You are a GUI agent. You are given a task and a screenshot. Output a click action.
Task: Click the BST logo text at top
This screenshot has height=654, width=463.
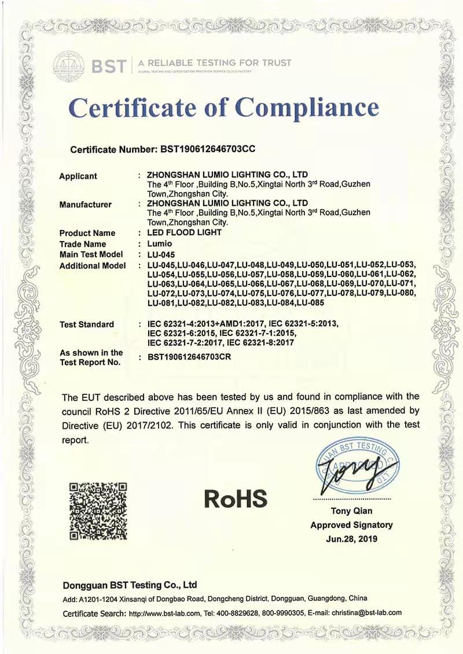pos(108,65)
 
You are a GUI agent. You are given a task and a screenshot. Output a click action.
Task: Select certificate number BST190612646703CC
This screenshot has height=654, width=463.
pos(207,149)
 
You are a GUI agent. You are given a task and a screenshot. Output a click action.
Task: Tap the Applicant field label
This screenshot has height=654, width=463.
pos(78,176)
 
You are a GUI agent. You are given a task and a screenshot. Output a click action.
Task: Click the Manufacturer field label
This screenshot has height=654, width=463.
pos(85,204)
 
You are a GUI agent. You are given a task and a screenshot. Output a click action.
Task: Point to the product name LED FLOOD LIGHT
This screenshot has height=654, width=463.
pos(185,232)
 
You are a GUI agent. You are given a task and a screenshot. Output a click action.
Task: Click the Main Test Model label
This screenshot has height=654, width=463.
pos(91,254)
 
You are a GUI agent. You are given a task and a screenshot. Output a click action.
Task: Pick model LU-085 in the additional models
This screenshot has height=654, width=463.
pos(310,302)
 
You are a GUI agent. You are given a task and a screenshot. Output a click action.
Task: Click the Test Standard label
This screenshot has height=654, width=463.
pos(87,324)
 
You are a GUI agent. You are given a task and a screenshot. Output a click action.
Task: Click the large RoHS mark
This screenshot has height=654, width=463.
pos(236,497)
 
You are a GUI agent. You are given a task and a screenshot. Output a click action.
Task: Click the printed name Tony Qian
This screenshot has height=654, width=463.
pos(351,511)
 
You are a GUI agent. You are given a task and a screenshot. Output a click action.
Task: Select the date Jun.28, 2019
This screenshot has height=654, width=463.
pos(351,538)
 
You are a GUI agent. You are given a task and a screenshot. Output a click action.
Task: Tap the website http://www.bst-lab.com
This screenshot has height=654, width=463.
pos(164,613)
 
